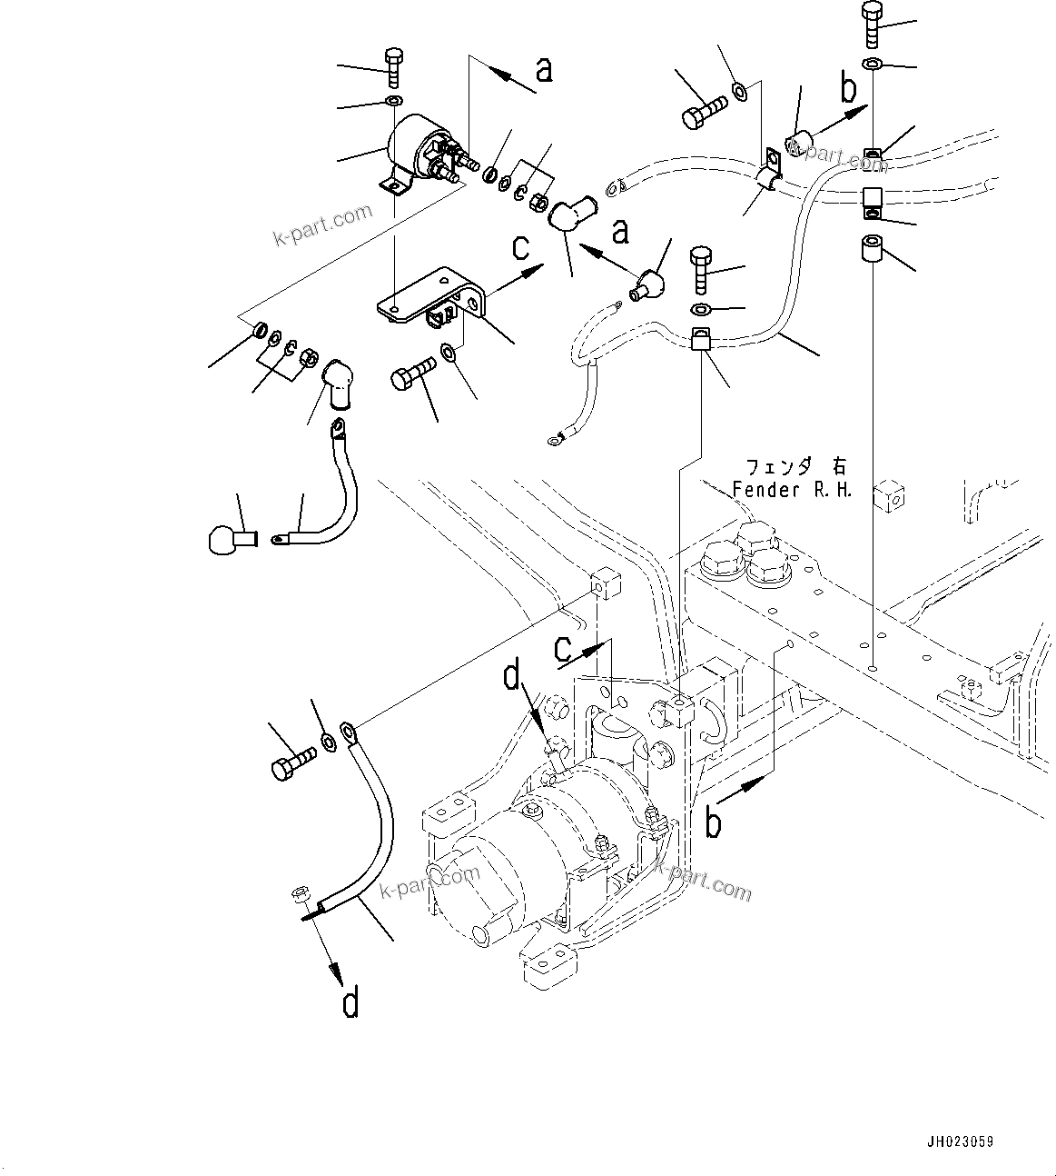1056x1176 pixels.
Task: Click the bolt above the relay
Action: [394, 67]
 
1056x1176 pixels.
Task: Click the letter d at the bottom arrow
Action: [350, 1003]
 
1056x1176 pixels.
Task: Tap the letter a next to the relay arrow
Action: [543, 69]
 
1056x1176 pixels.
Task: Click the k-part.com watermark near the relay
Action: [322, 224]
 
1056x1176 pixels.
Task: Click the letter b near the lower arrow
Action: [716, 823]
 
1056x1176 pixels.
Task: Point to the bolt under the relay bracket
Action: [414, 376]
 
